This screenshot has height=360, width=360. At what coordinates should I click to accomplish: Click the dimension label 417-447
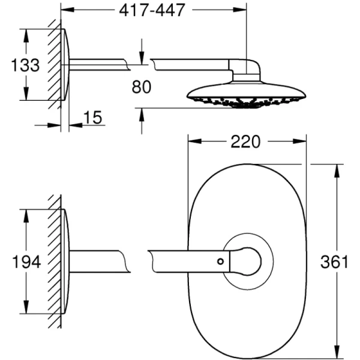155,10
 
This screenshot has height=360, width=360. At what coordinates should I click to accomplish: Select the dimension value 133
25,65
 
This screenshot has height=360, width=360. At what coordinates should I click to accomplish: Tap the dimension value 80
142,86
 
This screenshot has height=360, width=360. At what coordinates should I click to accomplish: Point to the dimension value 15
92,118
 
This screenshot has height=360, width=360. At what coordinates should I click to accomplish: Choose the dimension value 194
25,262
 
